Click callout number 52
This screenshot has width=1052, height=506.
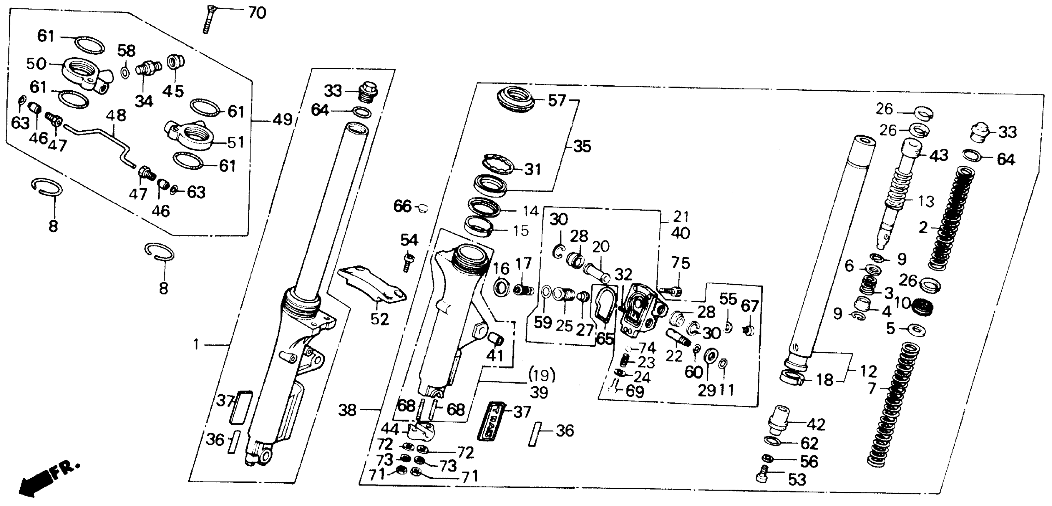(379, 319)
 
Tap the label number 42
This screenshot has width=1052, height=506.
(816, 425)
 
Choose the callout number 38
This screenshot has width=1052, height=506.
(348, 410)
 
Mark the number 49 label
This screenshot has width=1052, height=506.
(282, 120)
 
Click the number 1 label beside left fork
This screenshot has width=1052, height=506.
(196, 345)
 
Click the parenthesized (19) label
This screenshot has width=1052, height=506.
(542, 374)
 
